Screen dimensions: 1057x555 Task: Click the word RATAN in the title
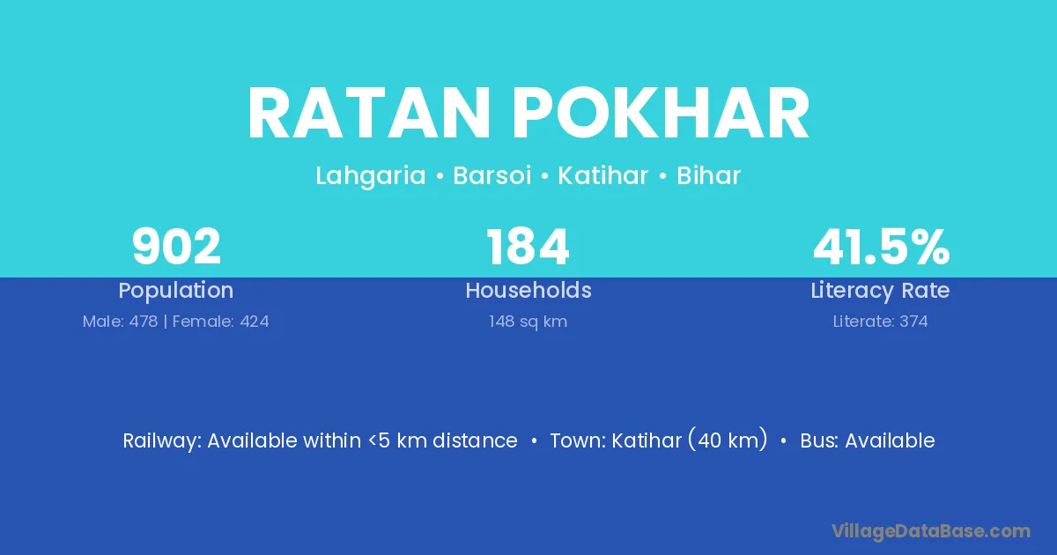click(x=368, y=114)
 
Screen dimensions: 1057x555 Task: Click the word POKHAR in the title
click(x=662, y=114)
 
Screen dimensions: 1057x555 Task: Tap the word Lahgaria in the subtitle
click(x=371, y=176)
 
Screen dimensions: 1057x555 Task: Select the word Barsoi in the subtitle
click(x=492, y=175)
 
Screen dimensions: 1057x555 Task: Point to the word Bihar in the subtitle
click(x=708, y=175)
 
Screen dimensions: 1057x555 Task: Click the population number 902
click(x=176, y=247)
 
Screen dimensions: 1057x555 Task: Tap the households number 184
click(x=528, y=247)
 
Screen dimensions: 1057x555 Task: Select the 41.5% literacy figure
click(x=881, y=247)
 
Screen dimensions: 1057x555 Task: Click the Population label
click(x=176, y=291)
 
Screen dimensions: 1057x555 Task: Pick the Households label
click(x=528, y=290)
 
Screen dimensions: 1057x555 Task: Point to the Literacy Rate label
click(x=880, y=291)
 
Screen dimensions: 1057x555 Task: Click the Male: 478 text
click(x=120, y=322)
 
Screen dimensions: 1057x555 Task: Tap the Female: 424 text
click(x=220, y=322)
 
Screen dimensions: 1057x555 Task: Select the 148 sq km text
click(x=528, y=322)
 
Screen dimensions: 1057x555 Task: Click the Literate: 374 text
click(x=880, y=322)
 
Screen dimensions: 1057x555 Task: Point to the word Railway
click(x=162, y=441)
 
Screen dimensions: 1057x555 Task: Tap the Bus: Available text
click(x=868, y=440)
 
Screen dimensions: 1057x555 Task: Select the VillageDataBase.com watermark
click(x=930, y=532)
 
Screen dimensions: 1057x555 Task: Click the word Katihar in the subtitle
click(x=603, y=175)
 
